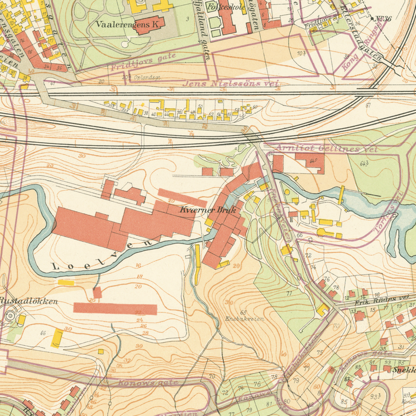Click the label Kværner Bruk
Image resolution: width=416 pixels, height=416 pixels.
209,209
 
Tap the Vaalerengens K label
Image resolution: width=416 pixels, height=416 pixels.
129,24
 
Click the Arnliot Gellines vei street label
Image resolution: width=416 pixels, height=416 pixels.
327,149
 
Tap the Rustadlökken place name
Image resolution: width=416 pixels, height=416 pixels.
28,301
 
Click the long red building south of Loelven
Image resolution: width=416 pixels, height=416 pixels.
115,308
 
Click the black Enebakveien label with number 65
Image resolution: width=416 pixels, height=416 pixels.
244,316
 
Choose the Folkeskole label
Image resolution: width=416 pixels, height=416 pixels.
226,7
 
